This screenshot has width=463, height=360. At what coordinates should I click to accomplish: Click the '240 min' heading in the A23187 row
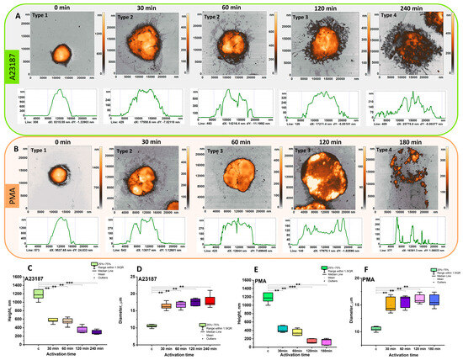(x=402, y=5)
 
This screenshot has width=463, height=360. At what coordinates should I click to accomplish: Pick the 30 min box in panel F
(x=390, y=304)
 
